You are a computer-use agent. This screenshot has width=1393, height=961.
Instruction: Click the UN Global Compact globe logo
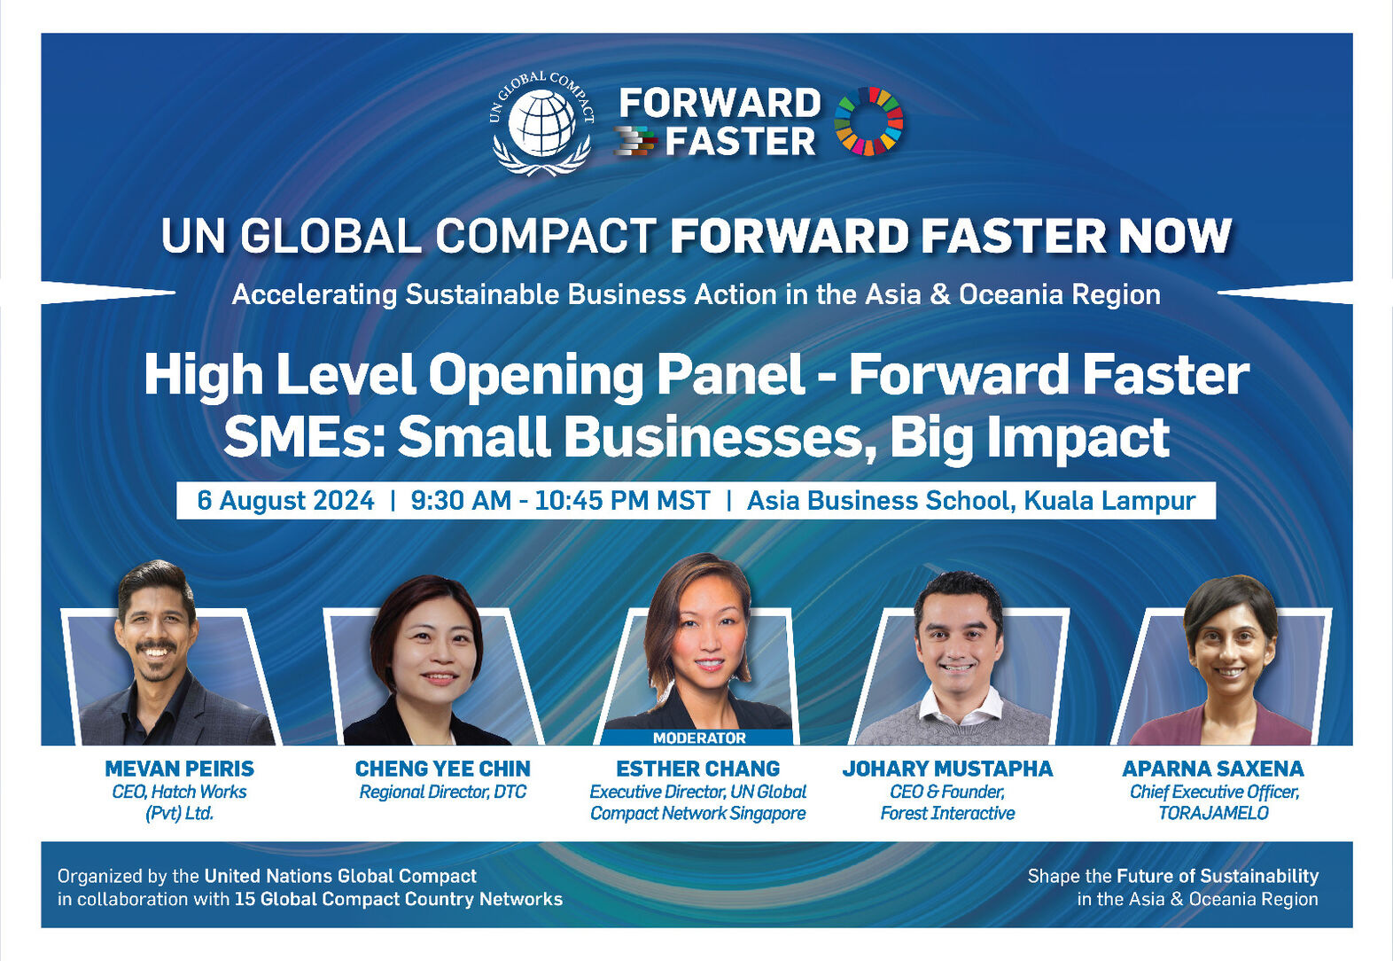[x=541, y=123]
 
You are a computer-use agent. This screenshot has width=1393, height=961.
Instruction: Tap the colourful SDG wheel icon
[x=868, y=121]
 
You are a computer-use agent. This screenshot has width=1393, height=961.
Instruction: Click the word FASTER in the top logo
[x=740, y=142]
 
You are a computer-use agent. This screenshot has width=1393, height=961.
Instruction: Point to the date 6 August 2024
[x=285, y=501]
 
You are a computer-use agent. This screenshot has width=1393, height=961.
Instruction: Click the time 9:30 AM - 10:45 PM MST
[x=560, y=501]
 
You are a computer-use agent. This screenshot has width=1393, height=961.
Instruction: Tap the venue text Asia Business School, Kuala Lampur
[x=970, y=501]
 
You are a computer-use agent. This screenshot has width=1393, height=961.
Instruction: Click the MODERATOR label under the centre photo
[x=699, y=738]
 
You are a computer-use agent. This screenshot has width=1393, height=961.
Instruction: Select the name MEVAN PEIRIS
[x=179, y=769]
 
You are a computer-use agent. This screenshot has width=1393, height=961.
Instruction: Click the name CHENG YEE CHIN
[x=443, y=769]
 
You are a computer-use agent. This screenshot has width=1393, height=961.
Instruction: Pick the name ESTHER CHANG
[x=697, y=769]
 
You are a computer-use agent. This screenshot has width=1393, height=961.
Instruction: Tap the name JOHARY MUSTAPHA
[x=948, y=769]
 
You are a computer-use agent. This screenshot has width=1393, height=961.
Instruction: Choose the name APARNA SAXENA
[x=1212, y=769]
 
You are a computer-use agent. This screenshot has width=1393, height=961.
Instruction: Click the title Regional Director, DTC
[x=443, y=792]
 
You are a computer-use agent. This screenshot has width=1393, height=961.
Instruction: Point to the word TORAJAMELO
[x=1213, y=814]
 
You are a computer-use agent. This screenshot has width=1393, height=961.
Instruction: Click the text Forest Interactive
[x=948, y=814]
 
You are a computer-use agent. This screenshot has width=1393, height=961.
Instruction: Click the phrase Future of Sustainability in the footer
[x=1218, y=877]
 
